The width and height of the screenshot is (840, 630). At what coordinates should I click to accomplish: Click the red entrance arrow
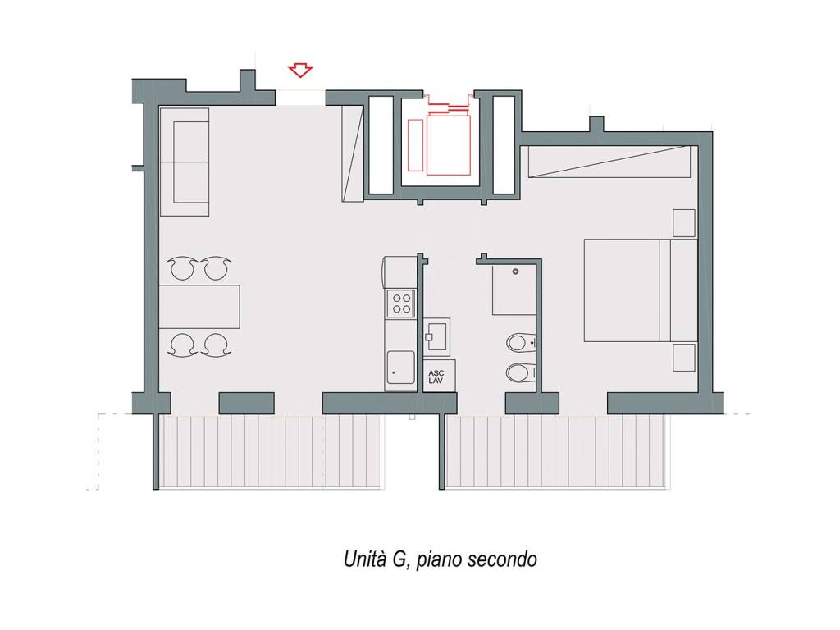(300, 71)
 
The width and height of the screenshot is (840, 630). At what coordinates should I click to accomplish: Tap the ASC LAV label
(436, 377)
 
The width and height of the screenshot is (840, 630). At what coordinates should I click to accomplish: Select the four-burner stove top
(401, 303)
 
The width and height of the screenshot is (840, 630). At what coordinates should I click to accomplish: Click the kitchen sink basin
(400, 367)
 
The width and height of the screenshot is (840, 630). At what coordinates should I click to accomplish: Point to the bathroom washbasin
(436, 337)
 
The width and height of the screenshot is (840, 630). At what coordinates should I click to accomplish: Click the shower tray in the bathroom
(514, 290)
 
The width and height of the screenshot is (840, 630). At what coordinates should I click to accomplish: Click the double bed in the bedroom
(640, 290)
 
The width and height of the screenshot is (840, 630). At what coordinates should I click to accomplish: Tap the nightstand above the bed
(684, 223)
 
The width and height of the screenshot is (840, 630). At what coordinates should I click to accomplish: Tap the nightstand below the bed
(684, 358)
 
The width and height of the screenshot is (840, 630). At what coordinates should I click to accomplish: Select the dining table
(199, 307)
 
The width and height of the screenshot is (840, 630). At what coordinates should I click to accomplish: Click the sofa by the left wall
(185, 162)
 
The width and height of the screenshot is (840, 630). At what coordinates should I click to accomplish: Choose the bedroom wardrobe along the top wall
(609, 162)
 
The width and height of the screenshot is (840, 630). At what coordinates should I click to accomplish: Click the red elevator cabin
(449, 144)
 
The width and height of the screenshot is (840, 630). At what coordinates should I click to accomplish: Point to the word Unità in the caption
(365, 559)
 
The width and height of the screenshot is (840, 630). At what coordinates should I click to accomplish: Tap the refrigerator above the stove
(399, 272)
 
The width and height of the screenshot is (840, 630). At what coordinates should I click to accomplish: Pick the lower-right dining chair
(217, 345)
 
